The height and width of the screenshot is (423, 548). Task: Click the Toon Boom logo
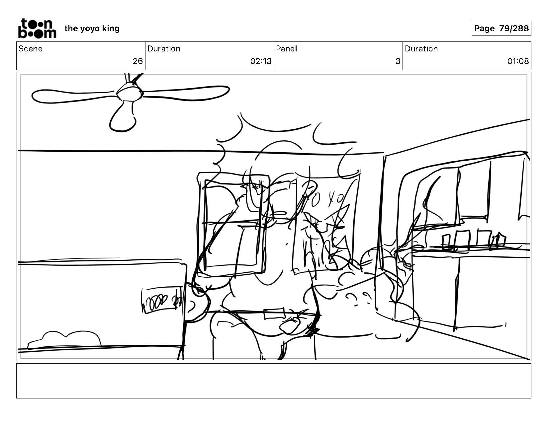(x=37, y=28)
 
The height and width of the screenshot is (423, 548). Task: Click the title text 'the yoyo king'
(x=92, y=29)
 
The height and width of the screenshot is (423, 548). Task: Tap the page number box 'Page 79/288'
(x=501, y=29)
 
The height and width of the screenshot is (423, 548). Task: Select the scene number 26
(x=137, y=61)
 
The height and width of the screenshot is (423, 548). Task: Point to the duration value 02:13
(x=261, y=61)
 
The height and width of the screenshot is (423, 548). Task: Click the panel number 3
(x=398, y=61)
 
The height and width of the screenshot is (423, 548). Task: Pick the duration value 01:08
(x=518, y=61)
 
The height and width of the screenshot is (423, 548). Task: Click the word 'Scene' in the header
(x=31, y=49)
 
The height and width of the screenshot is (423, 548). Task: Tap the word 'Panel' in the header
(x=286, y=49)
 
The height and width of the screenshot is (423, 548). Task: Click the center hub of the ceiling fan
(x=130, y=91)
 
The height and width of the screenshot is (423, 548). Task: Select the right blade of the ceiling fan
(x=186, y=92)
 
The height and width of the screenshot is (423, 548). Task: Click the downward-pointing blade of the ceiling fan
(x=123, y=118)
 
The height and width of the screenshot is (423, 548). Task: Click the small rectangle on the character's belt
(x=274, y=314)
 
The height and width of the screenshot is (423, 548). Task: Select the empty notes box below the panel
(x=274, y=381)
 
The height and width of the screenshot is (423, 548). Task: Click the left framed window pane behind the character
(x=232, y=226)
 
